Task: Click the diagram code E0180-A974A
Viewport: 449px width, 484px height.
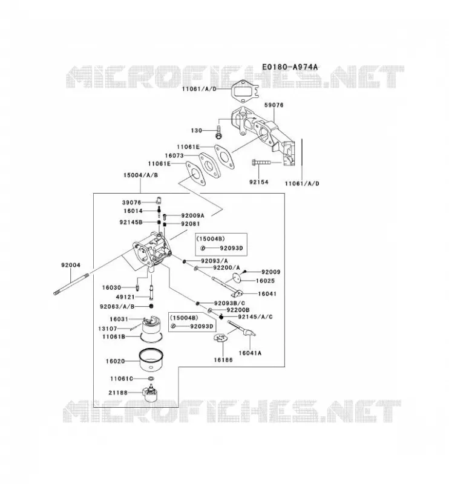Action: (290, 67)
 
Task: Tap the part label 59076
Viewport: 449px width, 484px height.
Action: (274, 105)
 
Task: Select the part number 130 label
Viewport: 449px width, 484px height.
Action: (197, 131)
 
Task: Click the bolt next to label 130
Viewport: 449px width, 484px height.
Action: (218, 132)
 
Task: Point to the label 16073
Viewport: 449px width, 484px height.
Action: (174, 155)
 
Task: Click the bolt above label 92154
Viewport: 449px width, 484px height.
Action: (261, 162)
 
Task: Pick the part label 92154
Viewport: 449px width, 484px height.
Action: (259, 182)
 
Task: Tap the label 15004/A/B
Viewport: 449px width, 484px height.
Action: (140, 175)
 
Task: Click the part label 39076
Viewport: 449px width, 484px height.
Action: (131, 203)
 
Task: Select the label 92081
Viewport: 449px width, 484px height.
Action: (191, 224)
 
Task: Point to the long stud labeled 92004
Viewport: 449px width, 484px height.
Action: (71, 284)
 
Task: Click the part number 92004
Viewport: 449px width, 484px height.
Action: (71, 265)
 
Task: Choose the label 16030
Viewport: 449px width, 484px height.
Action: (111, 288)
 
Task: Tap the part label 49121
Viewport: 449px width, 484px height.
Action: (125, 297)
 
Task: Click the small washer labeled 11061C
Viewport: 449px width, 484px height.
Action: (151, 379)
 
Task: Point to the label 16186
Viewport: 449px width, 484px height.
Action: (223, 360)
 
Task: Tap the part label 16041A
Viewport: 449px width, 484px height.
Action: (250, 353)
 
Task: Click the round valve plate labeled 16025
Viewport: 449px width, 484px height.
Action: (236, 277)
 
